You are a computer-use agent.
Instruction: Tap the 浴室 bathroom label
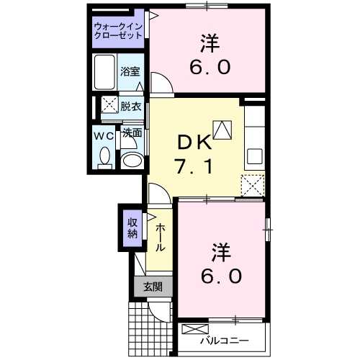tap(130, 73)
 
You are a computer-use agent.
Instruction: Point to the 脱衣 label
tap(130, 106)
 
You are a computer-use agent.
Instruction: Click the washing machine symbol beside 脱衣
tap(109, 106)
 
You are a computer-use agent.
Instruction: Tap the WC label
tap(102, 134)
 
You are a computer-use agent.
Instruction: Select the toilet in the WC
tap(105, 156)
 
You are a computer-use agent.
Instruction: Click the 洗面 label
tap(131, 132)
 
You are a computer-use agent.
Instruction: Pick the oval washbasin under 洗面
tap(131, 160)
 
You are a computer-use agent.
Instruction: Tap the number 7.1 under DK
tap(194, 168)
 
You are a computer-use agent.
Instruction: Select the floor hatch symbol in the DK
tap(222, 130)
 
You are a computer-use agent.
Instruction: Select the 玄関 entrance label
tap(152, 287)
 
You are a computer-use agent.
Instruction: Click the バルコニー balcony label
tap(224, 339)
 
